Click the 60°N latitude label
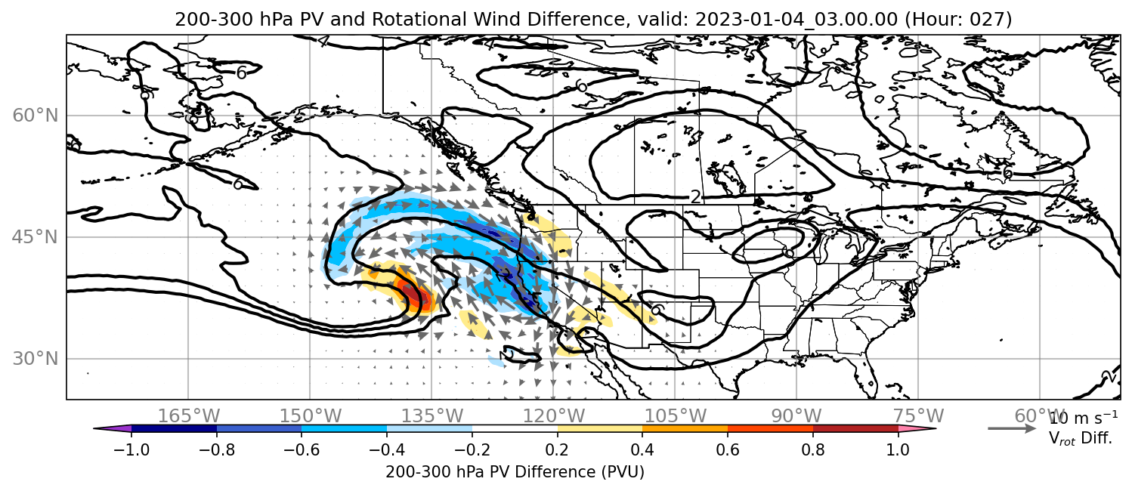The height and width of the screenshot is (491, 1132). coord(35,116)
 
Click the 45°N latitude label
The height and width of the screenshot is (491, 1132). coord(35,237)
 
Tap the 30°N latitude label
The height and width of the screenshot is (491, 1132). coord(35,359)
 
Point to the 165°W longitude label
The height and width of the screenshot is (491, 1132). coord(188,415)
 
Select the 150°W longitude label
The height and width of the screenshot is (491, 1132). coord(311,415)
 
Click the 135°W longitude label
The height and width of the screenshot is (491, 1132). coord(432,415)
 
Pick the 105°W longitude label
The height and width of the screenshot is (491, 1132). coord(675,415)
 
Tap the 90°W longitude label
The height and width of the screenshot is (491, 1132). coord(796,415)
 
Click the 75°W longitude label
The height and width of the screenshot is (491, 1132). coord(918,415)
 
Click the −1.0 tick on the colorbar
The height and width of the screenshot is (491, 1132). coord(131,449)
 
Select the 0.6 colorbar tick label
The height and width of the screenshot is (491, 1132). coord(728,449)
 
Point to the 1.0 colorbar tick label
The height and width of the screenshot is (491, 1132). coord(898,449)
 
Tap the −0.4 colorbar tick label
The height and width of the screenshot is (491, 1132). coord(387,449)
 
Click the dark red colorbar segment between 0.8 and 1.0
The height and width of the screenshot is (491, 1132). coord(855,429)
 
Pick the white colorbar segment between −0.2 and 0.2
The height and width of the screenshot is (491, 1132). coord(515,429)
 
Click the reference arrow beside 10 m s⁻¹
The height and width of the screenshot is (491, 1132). coord(1012,429)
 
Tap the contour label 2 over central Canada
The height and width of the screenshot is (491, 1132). coord(695,197)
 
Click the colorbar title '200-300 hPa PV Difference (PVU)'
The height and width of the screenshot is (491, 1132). coord(515,472)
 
